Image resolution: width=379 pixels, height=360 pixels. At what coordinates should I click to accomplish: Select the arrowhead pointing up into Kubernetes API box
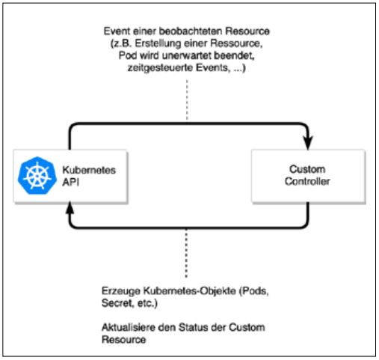(70, 212)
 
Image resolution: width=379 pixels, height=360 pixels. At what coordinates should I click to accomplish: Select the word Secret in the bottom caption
(115, 300)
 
